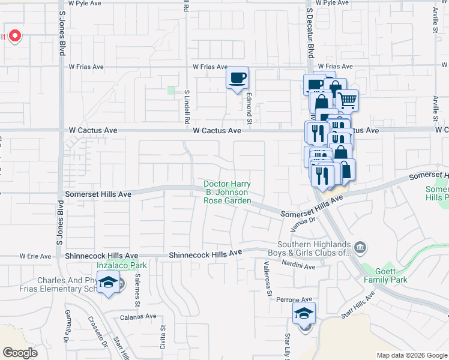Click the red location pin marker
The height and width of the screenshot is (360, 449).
(14, 36)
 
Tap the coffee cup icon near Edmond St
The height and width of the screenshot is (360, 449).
(238, 78)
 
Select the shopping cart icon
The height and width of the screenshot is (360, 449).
(347, 100)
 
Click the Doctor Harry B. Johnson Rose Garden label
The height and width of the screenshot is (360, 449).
(228, 193)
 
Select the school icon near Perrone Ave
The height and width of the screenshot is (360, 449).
(304, 313)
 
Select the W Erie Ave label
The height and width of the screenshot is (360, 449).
(35, 256)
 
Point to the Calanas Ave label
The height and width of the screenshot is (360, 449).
(138, 316)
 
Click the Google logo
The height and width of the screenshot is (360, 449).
(20, 352)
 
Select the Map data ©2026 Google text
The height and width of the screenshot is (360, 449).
(411, 355)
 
